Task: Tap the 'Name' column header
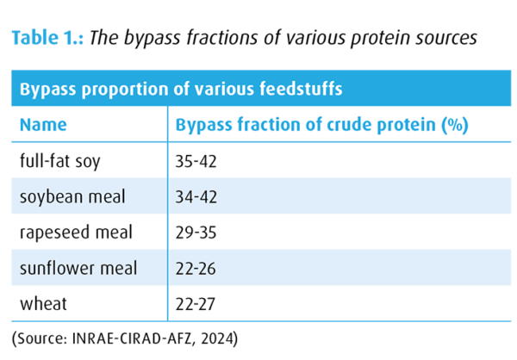(43, 125)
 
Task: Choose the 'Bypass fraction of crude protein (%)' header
(321, 125)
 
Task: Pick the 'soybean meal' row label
(72, 196)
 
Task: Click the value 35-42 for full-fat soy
(199, 161)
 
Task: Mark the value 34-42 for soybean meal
(199, 196)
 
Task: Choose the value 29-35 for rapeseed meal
(199, 233)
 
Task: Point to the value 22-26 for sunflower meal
(199, 269)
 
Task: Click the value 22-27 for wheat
(199, 304)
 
